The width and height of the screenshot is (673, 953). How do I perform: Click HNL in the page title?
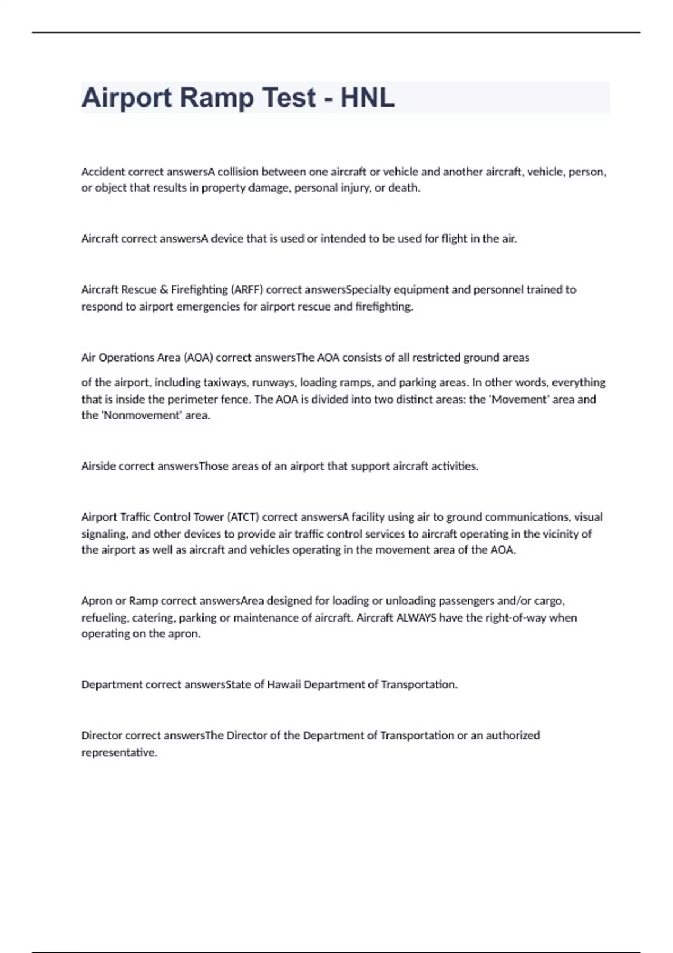click(367, 98)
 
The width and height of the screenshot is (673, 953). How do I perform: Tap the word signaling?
click(104, 534)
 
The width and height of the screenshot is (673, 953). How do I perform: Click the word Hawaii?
click(284, 684)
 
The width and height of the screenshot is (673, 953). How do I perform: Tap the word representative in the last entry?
click(118, 752)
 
